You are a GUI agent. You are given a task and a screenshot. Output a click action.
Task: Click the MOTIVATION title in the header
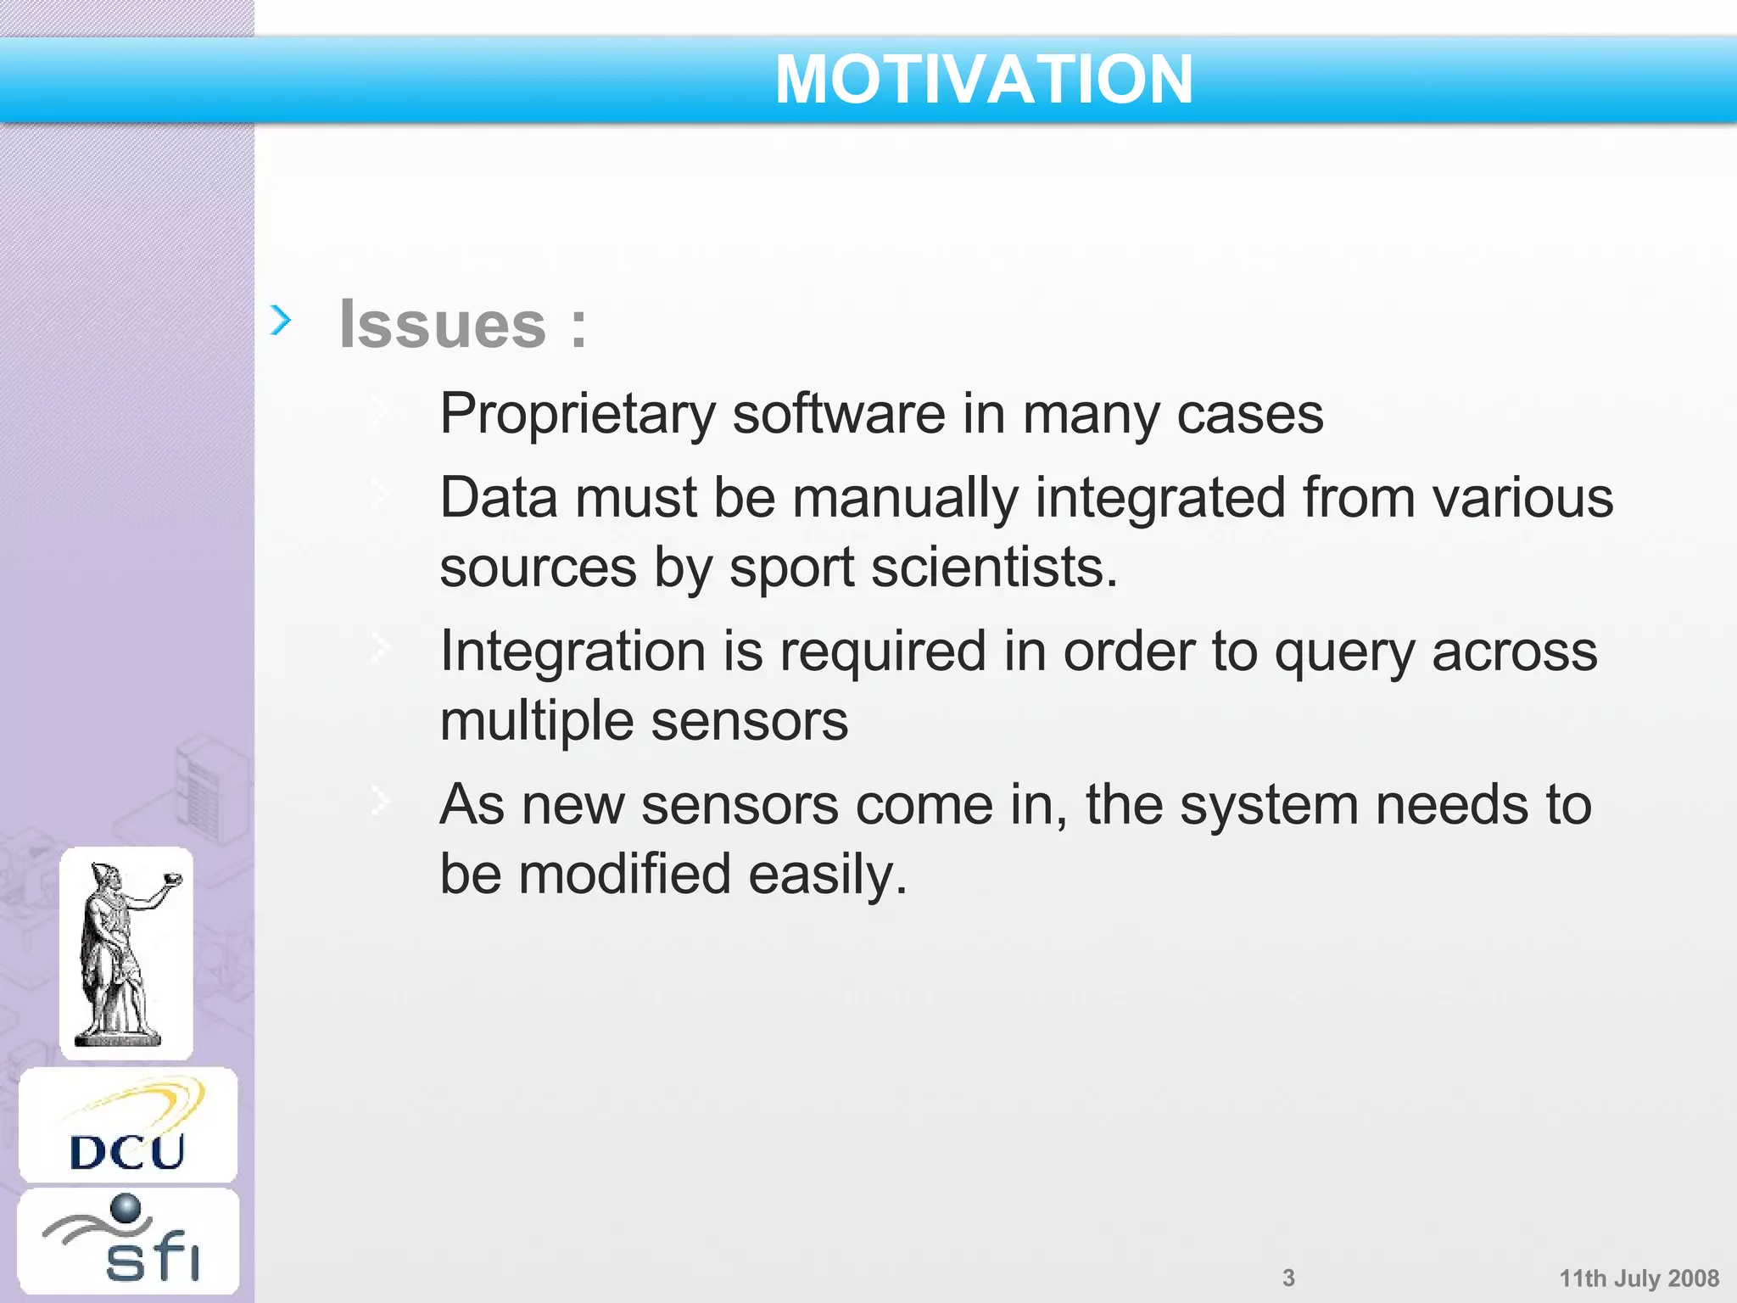click(984, 80)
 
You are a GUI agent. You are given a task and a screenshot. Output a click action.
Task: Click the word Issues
click(443, 324)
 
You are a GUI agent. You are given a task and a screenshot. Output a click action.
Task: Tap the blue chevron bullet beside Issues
click(281, 320)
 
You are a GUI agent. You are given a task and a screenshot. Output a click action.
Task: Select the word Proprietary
click(578, 415)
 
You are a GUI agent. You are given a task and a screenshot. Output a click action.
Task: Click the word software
click(838, 415)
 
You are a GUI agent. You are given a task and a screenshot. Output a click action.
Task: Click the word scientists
click(994, 568)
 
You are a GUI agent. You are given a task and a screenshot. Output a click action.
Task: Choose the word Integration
click(573, 652)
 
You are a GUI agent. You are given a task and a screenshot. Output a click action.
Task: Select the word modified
click(624, 875)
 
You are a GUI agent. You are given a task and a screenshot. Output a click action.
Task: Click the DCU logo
click(128, 1126)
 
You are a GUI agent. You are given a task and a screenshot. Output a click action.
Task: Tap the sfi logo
click(128, 1241)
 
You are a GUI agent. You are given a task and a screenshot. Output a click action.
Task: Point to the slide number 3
click(1288, 1278)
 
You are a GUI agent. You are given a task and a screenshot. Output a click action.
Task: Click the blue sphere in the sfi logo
click(126, 1208)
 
